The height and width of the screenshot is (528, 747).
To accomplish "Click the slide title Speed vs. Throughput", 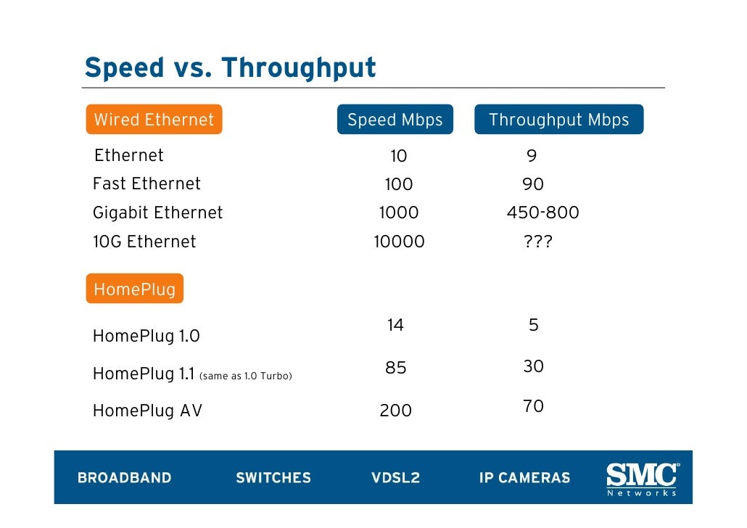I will tap(230, 67).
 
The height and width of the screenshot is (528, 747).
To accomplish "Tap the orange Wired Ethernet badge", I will tap(154, 120).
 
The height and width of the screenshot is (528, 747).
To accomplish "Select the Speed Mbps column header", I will tap(395, 120).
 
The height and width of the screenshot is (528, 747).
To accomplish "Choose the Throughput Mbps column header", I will tap(558, 120).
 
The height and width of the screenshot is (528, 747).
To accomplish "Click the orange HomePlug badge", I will tap(134, 289).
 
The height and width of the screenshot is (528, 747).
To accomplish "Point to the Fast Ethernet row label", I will tap(146, 184).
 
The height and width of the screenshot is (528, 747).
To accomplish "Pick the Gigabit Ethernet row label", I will tap(157, 213).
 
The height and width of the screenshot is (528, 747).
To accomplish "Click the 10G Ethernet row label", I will tap(144, 242).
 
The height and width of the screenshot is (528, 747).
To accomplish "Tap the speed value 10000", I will tap(399, 242).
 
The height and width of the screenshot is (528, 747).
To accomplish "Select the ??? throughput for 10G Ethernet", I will tap(537, 242).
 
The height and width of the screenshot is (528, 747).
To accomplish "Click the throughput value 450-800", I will tap(542, 213).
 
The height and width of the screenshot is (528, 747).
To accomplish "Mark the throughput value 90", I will tap(533, 185).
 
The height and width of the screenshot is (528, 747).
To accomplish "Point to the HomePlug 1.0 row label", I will tap(146, 337).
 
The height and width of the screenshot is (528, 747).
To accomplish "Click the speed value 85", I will tap(395, 368).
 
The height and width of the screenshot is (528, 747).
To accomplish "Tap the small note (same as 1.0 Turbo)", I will tap(245, 376).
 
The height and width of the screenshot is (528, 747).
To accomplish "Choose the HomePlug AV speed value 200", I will tap(395, 411).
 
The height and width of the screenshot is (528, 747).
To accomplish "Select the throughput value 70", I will tap(533, 407).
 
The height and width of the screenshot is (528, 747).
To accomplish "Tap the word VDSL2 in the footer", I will tap(395, 478).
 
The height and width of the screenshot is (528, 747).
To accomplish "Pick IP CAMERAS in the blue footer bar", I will tap(524, 478).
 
